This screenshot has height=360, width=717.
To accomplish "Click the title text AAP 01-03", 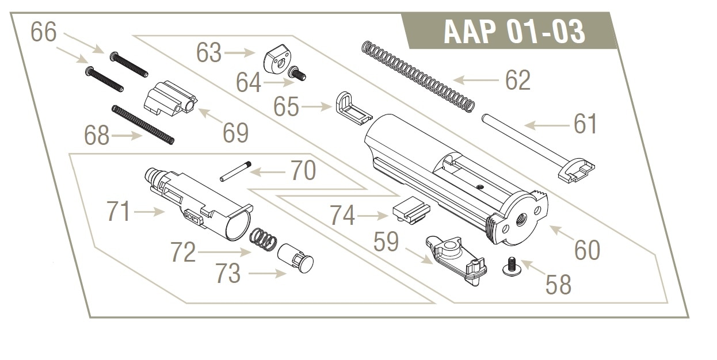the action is coord(514,32).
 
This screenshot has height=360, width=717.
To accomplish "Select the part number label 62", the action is coord(518,81).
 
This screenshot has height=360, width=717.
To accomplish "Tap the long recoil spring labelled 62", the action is coord(418,77).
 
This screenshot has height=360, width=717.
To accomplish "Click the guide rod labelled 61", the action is coord(537,149).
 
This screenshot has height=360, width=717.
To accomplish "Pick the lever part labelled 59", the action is coord(456,260).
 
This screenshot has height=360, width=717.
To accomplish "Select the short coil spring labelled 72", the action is coord(263,239).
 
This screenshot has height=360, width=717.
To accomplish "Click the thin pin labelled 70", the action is coord(235,171).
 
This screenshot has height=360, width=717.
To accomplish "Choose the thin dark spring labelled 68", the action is coord(143,125).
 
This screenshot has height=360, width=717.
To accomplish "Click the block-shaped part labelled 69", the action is coord(170,98).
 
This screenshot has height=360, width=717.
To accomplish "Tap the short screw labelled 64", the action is coord(297,74).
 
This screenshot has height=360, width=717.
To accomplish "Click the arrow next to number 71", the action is coord(150,212).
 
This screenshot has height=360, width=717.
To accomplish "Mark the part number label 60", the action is coord(587,251).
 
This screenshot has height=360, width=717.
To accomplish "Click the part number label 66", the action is coord(44,32).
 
